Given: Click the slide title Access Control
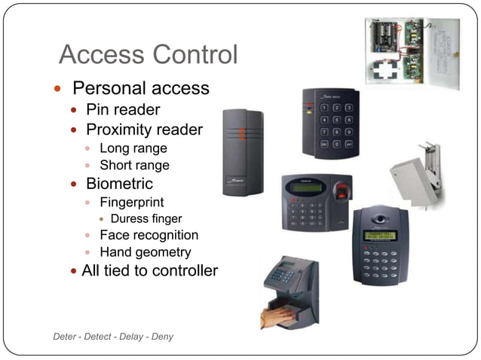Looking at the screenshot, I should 148,55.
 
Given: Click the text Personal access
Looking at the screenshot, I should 140,88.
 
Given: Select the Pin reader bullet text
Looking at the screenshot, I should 123,110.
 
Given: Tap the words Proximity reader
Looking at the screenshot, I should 144,130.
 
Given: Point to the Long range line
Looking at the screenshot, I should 133,148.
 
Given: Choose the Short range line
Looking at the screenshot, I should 134,165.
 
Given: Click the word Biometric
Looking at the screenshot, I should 119,184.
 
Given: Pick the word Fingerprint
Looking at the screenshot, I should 132,202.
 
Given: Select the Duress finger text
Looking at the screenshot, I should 146,218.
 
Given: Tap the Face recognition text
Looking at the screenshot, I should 149,235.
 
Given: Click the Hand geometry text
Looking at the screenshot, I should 146,252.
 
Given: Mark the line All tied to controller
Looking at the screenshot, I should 149,270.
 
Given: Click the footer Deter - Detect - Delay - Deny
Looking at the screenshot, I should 113,336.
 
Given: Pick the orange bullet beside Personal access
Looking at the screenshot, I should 57,89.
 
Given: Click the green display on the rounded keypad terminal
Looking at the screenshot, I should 380,235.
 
